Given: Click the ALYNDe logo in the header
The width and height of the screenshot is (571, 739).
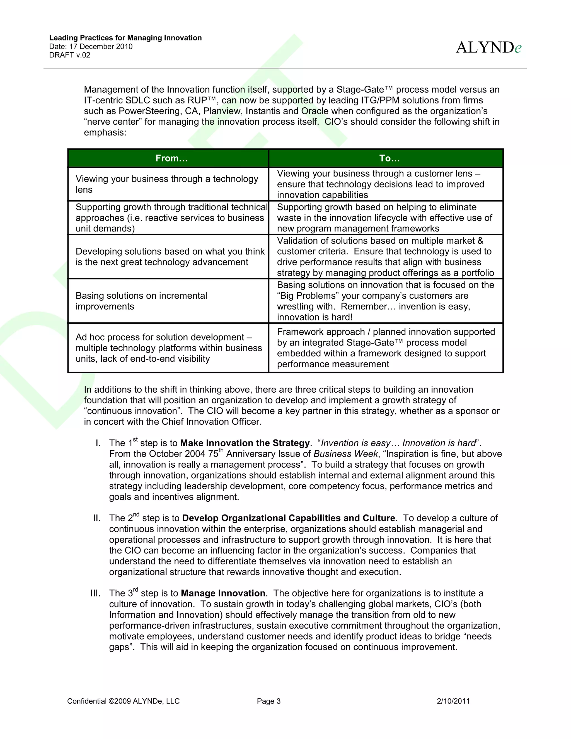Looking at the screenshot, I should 488,48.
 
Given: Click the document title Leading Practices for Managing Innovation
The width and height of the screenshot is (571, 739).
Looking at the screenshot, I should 125,38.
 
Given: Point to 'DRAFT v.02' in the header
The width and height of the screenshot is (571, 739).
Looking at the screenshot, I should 70,55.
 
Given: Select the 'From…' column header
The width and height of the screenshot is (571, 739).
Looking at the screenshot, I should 171,158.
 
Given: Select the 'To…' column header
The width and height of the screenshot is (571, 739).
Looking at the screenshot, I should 389,158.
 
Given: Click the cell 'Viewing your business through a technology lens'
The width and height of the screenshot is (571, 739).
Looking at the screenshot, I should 167,184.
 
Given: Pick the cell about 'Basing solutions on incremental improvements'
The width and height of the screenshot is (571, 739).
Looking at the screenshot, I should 141,301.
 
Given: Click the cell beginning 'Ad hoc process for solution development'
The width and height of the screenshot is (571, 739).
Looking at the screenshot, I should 168,348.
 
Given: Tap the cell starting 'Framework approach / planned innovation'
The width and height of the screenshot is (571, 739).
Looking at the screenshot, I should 386,348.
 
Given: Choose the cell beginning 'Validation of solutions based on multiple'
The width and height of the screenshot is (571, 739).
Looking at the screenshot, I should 385,257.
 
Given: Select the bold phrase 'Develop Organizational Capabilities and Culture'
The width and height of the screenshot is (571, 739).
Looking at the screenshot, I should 288,518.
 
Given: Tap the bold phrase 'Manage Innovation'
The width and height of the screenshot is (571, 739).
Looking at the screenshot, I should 223,593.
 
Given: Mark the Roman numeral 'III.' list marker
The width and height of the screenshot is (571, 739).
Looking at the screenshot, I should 95,593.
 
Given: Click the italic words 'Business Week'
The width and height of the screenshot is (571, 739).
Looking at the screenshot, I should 345,454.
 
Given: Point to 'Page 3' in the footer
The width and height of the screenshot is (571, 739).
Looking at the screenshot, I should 268,701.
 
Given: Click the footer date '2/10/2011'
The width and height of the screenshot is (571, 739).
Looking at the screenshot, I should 453,701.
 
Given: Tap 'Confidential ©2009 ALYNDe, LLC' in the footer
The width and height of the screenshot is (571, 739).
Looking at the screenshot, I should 124,701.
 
